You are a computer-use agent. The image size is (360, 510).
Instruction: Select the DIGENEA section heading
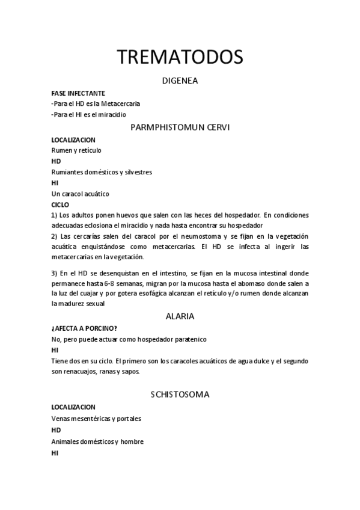180,80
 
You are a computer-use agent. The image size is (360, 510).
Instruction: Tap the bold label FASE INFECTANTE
78,93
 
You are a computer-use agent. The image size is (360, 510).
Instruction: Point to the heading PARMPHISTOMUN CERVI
180,127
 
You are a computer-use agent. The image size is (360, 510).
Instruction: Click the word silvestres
136,172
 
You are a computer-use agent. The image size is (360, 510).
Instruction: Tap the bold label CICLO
60,204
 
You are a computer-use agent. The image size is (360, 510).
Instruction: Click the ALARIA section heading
180,316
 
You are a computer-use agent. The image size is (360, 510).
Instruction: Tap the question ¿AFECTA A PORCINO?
84,328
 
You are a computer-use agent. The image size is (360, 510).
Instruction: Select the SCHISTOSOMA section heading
180,395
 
